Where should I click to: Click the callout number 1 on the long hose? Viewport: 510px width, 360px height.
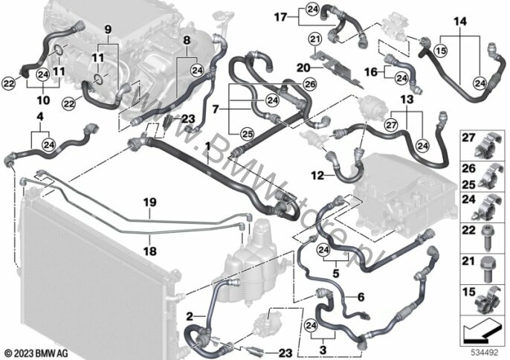[x=207, y=147]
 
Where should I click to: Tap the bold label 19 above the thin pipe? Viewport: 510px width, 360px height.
[x=149, y=202]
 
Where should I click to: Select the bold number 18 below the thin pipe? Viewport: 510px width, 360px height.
[x=149, y=251]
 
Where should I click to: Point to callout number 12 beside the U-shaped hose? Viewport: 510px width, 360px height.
[x=317, y=176]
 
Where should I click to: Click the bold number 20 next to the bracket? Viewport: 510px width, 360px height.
[x=303, y=68]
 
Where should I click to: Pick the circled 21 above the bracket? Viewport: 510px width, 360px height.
[x=315, y=39]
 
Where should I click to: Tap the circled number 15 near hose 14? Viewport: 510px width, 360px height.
[x=441, y=51]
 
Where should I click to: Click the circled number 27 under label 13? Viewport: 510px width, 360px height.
[x=391, y=125]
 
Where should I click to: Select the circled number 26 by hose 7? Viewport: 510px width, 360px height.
[x=309, y=85]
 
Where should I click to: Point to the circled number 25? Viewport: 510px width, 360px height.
[x=247, y=134]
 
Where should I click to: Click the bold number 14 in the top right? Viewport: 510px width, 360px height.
[x=460, y=22]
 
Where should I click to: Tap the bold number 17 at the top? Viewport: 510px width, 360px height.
[x=280, y=17]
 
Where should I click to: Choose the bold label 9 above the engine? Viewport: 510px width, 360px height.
[x=108, y=30]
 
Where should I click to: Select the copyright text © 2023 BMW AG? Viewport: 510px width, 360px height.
[x=36, y=353]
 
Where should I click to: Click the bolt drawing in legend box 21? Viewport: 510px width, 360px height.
[x=487, y=269]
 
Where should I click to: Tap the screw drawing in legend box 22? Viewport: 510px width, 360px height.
[x=486, y=239]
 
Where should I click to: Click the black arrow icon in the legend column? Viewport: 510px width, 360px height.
[x=482, y=333]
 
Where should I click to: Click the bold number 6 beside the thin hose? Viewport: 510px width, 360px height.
[x=361, y=297]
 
